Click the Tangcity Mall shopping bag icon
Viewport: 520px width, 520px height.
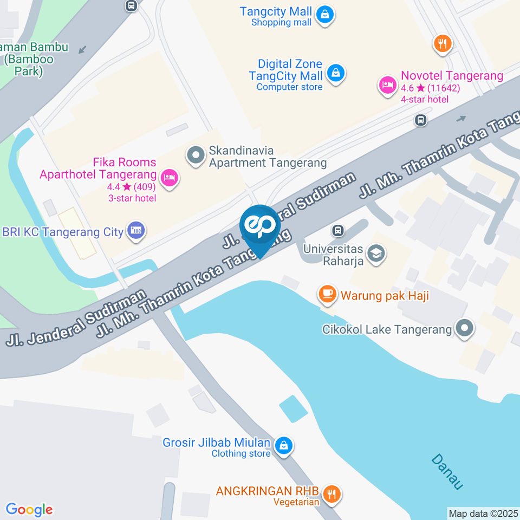click(324, 16)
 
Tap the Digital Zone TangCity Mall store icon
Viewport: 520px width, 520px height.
click(336, 74)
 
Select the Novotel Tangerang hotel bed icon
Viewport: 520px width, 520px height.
click(387, 86)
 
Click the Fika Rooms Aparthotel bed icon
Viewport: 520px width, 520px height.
click(170, 177)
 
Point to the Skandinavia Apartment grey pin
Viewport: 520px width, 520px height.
click(195, 156)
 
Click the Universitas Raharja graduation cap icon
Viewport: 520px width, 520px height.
click(375, 253)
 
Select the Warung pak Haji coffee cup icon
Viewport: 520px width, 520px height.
click(327, 294)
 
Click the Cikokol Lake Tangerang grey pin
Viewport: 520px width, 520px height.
click(464, 328)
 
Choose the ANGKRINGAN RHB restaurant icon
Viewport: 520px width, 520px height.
click(331, 493)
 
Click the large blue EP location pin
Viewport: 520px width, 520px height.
click(260, 227)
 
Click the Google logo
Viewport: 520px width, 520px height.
click(29, 509)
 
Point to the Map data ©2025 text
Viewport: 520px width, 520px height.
click(483, 513)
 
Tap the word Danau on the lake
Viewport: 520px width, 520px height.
click(448, 472)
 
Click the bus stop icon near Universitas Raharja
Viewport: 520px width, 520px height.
click(339, 231)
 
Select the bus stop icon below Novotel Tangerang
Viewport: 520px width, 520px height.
click(420, 120)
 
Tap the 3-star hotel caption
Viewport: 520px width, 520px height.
click(132, 198)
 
